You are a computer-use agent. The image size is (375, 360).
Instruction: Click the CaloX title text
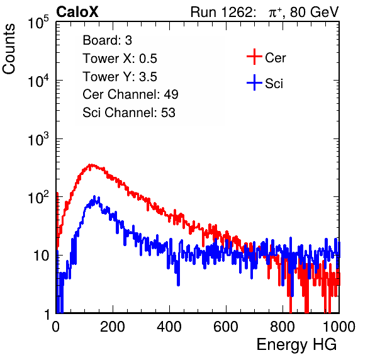tap(77, 12)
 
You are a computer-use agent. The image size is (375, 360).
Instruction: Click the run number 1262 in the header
tap(237, 12)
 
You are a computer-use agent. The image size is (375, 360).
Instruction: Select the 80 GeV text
tap(314, 12)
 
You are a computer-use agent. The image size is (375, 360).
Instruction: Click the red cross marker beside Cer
tap(254, 57)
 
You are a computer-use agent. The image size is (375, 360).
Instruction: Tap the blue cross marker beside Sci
tap(254, 82)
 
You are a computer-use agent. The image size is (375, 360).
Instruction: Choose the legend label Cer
tap(275, 58)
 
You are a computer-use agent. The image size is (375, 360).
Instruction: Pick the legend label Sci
tap(274, 84)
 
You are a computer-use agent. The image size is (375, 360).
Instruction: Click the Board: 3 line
tap(107, 40)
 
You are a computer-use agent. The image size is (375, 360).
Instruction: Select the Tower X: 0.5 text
tap(120, 59)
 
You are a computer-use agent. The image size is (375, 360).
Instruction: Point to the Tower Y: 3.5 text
tap(120, 77)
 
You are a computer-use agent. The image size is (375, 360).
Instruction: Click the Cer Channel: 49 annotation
tap(130, 94)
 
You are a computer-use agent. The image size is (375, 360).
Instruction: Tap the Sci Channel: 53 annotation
tap(129, 113)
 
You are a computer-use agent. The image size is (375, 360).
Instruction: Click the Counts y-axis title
tap(9, 49)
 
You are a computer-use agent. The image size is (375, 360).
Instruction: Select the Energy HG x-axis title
tap(296, 344)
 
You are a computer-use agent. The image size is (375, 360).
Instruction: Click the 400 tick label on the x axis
tap(169, 327)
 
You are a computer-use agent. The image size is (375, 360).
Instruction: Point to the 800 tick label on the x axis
tap(283, 327)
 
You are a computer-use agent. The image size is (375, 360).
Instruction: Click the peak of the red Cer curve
tap(91, 165)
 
